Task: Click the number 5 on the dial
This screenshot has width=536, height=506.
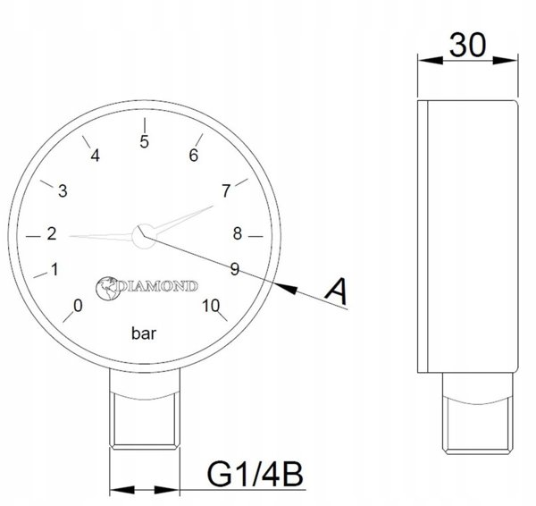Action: point(144,141)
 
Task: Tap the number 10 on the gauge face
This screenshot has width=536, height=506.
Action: point(211,306)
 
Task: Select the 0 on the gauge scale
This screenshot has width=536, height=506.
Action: point(78,306)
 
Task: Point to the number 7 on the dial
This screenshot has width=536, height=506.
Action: point(226,191)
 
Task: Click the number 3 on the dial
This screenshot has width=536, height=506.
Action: point(63,191)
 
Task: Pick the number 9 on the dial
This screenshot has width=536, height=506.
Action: point(234,269)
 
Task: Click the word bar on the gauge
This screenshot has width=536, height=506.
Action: point(144,333)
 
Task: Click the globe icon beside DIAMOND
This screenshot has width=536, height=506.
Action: point(108,288)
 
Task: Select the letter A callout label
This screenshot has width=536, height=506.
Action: point(337,291)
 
